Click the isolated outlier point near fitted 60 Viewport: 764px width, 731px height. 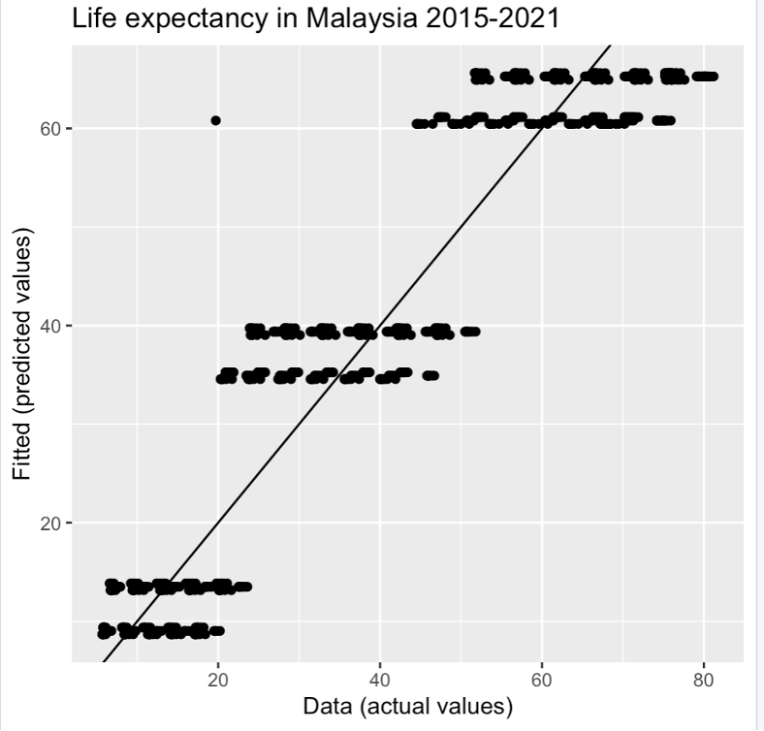point(215,120)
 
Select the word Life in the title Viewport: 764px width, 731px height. point(93,17)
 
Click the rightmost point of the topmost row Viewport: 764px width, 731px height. point(714,76)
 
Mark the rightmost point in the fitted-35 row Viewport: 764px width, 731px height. point(433,375)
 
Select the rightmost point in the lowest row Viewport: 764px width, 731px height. point(220,631)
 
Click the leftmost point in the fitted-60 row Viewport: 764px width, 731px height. point(417,124)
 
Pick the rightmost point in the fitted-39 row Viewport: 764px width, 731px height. point(475,332)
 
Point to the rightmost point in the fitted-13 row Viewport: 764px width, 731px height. point(247,587)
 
